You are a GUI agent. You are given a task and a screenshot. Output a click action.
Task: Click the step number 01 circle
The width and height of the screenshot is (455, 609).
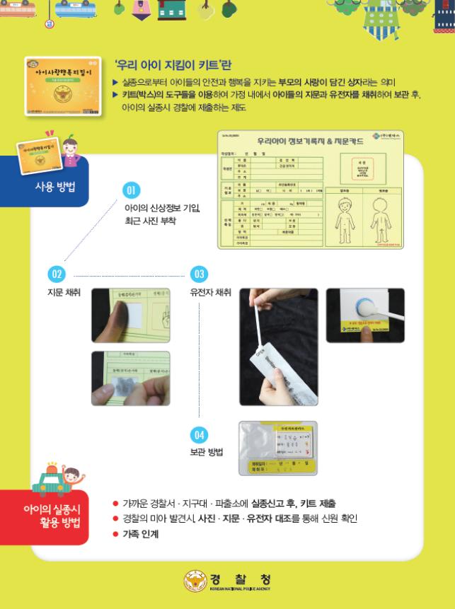132,190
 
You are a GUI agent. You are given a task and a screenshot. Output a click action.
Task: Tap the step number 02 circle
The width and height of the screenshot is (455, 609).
57,274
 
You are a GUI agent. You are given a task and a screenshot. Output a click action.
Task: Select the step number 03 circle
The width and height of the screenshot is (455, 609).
199,274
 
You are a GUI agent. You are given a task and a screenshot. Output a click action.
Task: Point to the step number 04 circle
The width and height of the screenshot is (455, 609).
199,434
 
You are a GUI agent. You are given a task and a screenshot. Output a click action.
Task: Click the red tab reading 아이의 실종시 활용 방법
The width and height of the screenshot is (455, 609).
52,516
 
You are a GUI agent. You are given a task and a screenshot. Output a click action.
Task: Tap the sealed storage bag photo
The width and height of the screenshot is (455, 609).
277,447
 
